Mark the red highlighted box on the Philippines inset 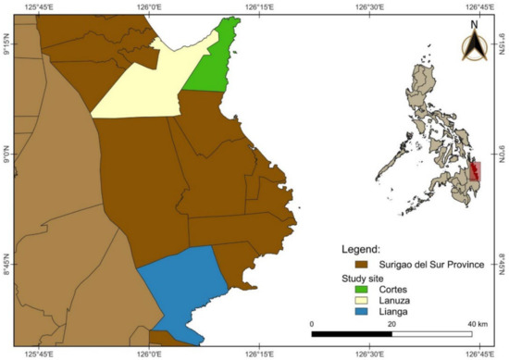477,171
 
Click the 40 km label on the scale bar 478,324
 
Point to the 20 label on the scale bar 393,324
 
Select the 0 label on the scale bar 312,324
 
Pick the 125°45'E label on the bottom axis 39,353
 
